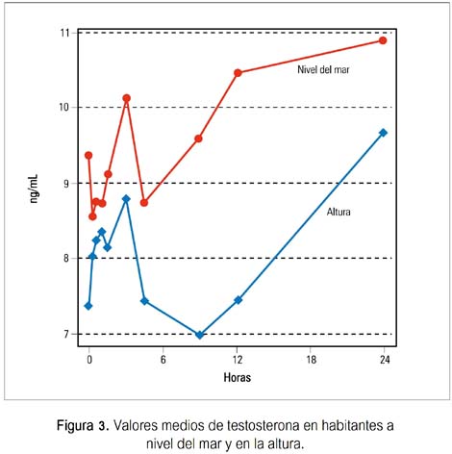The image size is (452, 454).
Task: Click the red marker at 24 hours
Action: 383,40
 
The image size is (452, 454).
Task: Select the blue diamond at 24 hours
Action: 383,133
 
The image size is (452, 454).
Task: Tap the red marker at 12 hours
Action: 238,73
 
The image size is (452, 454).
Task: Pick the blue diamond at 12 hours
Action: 238,300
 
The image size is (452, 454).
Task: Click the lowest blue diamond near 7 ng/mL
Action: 199,335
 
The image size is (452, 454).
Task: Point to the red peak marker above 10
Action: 127,98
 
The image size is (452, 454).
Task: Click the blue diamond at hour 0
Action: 88,306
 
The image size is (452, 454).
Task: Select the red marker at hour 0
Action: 88,155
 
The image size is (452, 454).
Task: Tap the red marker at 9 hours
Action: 198,139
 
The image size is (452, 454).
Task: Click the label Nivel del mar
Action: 323,69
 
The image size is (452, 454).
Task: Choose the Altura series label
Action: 339,212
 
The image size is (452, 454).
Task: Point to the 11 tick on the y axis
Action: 64,33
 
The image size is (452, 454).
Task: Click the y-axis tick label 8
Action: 66,258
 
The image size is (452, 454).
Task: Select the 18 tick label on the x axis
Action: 311,360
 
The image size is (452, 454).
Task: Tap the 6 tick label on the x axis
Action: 163,360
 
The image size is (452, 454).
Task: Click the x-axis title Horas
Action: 238,377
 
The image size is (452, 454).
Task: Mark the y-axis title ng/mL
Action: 34,189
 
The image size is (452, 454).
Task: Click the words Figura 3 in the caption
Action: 84,426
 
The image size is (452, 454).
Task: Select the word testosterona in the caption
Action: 263,426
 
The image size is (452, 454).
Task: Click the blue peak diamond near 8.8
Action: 126,199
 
